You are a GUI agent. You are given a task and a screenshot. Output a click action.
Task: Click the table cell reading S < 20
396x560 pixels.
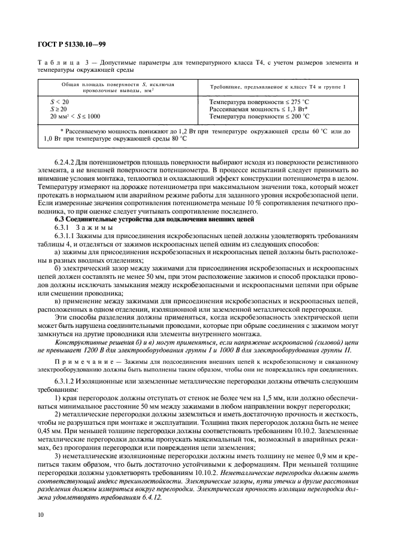(x=60, y=102)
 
